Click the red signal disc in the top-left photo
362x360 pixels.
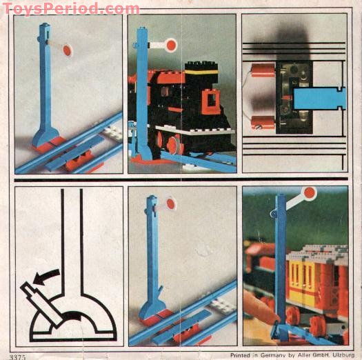click(x=68, y=50)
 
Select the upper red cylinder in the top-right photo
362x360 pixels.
click(x=262, y=70)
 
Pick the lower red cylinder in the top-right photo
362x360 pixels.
click(x=262, y=123)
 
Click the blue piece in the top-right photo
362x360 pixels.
click(x=319, y=97)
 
